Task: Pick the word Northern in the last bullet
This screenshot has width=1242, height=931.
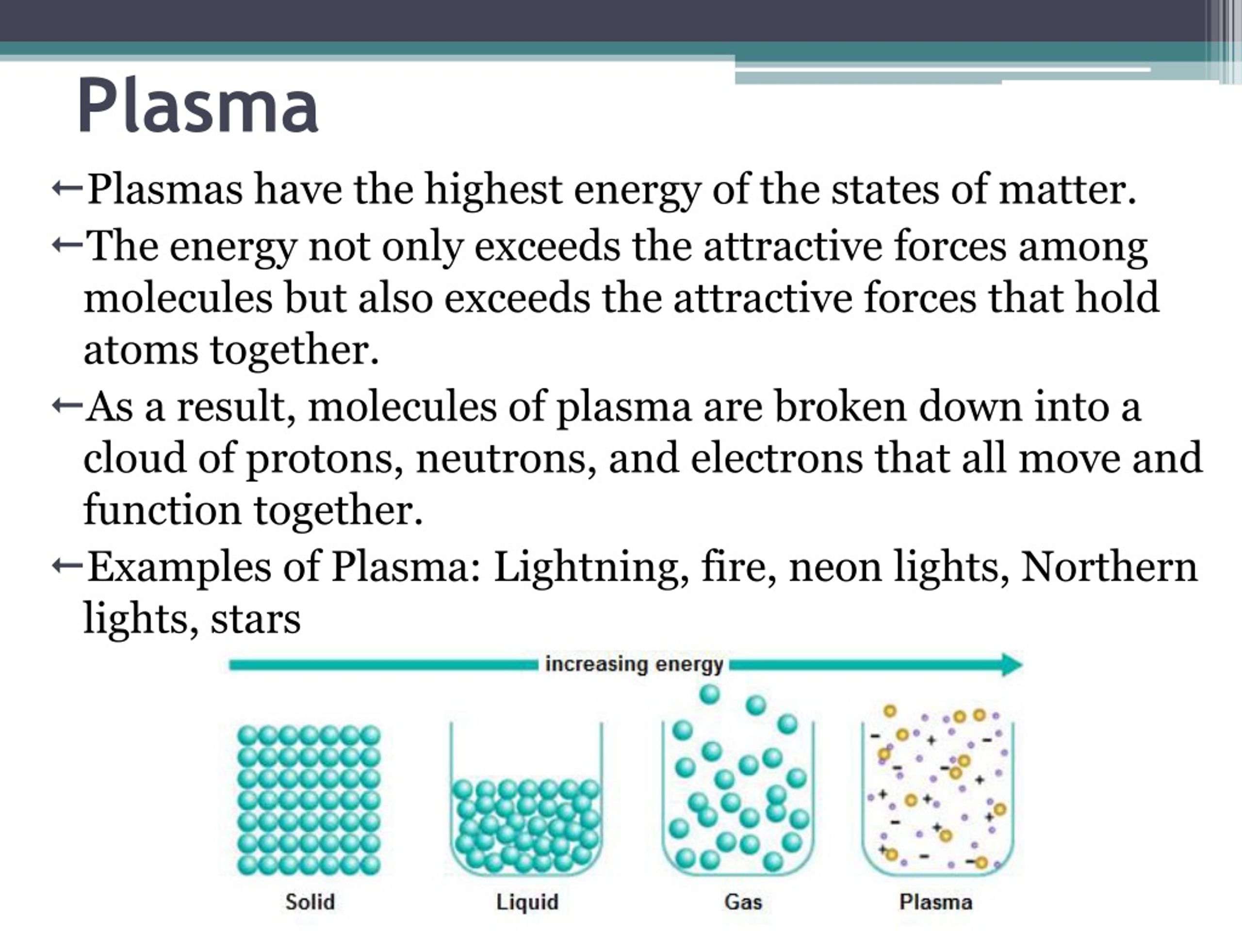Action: tap(1109, 567)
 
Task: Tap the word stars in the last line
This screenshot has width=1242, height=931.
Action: tap(256, 619)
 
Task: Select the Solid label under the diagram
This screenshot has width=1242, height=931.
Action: tap(310, 902)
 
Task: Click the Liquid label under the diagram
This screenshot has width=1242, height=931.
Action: tap(527, 902)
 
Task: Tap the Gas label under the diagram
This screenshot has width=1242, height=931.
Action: tap(743, 902)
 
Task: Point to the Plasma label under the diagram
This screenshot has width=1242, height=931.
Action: tap(935, 902)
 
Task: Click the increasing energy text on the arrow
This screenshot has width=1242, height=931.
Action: tap(634, 664)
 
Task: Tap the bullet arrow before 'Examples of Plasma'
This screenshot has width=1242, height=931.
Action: tap(67, 566)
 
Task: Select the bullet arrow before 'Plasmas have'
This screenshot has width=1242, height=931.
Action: tap(67, 190)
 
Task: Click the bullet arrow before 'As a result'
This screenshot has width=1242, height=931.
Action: tap(67, 405)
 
